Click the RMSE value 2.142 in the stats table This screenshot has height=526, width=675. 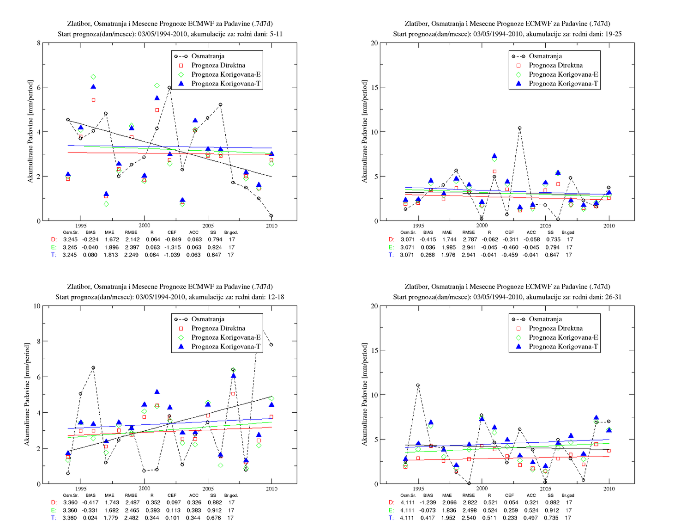click(132, 239)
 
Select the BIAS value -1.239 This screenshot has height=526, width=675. click(428, 502)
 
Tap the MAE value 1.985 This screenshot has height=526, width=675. click(448, 247)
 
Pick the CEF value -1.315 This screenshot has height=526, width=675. click(172, 247)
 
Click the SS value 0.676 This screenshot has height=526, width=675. click(214, 518)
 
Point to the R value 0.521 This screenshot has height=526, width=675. click(490, 502)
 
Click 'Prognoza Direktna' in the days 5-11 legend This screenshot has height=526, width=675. click(218, 65)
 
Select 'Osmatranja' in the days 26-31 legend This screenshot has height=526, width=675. click(545, 319)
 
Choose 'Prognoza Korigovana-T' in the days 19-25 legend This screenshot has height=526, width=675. click(563, 84)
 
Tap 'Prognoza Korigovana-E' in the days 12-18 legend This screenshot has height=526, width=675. click(226, 337)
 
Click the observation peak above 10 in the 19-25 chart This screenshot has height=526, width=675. click(520, 128)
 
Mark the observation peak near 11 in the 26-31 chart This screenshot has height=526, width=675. click(418, 385)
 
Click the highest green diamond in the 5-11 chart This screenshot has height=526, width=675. click(93, 77)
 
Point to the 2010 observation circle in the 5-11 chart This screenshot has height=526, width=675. click(271, 216)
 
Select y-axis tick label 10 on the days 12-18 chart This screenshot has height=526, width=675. click(37, 306)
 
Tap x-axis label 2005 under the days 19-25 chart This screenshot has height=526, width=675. click(545, 226)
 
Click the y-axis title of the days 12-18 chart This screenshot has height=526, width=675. click(27, 395)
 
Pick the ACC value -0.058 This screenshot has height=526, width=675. click(531, 239)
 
